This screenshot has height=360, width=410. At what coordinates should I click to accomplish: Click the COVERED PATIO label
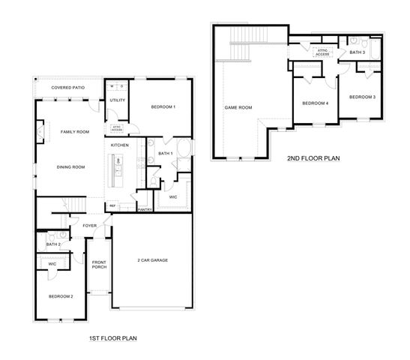(67, 88)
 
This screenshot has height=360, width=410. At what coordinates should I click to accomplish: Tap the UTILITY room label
(117, 100)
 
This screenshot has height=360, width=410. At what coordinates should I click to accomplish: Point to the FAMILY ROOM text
(74, 131)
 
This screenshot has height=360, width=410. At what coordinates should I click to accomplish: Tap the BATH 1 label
(165, 154)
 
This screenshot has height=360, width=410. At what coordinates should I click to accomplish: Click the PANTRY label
(145, 210)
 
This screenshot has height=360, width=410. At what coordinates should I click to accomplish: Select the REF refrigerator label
(112, 205)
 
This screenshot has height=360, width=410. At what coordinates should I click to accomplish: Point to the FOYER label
(90, 226)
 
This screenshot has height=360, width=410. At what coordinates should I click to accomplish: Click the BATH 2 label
(53, 244)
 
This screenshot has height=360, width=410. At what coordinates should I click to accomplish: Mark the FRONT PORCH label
(99, 265)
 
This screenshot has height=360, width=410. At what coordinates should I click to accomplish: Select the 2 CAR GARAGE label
(152, 260)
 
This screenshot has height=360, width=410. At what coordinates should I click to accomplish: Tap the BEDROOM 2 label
(61, 297)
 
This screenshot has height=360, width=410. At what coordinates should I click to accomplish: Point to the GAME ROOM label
(238, 107)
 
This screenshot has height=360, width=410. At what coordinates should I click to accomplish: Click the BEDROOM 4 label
(315, 103)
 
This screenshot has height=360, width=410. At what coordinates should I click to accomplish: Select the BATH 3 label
(358, 52)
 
